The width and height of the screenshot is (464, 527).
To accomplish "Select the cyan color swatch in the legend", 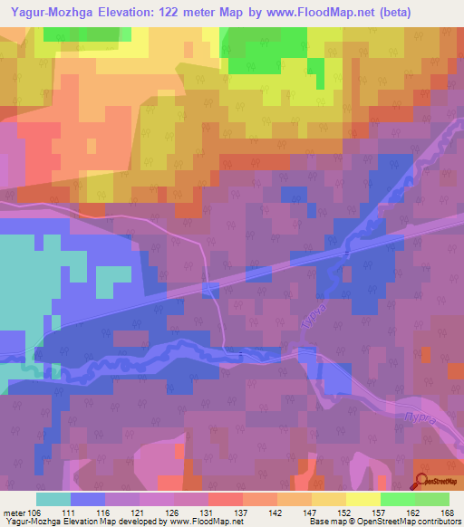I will pyautogui.click(x=53, y=499).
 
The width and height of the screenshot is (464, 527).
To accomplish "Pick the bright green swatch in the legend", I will pyautogui.click(x=398, y=499).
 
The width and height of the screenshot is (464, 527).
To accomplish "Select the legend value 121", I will pyautogui.click(x=140, y=512).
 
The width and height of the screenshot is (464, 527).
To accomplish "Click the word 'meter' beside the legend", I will pyautogui.click(x=14, y=512).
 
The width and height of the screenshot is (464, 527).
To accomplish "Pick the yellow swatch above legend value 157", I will pyautogui.click(x=363, y=499).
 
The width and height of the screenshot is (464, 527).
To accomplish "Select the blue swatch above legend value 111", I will pyautogui.click(x=88, y=499).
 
